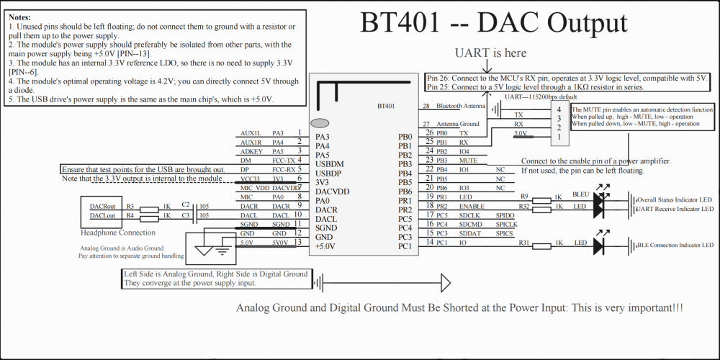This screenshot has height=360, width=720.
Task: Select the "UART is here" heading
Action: (x=490, y=53)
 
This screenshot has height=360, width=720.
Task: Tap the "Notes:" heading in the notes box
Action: (x=19, y=16)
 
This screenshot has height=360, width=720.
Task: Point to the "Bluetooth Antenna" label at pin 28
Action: (x=461, y=107)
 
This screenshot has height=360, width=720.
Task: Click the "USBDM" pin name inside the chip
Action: (x=330, y=164)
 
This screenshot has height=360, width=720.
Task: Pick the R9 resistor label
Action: (x=524, y=196)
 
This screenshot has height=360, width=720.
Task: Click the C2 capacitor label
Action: (x=186, y=204)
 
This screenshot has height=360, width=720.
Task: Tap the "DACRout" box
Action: (x=102, y=207)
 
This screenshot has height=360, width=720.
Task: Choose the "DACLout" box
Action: (x=102, y=216)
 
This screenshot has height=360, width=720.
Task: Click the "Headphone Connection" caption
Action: (x=117, y=233)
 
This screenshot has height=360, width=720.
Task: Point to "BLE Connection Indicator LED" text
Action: (x=675, y=246)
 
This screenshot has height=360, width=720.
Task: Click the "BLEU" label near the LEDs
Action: (x=581, y=194)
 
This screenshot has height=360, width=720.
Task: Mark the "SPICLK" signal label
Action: (x=506, y=225)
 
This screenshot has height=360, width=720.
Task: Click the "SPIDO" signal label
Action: (x=505, y=215)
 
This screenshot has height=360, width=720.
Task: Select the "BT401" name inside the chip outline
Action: (x=386, y=105)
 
